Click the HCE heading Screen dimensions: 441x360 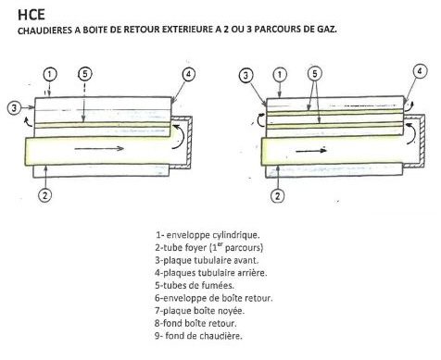pyautogui.click(x=31, y=15)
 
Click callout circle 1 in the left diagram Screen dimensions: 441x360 pyautogui.click(x=50, y=75)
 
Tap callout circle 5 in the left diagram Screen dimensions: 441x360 pyautogui.click(x=85, y=74)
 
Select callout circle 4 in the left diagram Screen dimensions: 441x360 pyautogui.click(x=189, y=74)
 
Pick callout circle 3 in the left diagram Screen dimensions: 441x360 pyautogui.click(x=14, y=108)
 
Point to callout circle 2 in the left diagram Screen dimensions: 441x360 pyautogui.click(x=45, y=195)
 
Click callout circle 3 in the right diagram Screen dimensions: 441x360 pyautogui.click(x=246, y=76)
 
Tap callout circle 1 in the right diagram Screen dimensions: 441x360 pyautogui.click(x=280, y=75)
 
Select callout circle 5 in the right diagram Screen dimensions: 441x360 pyautogui.click(x=315, y=74)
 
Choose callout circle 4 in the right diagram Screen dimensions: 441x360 pyautogui.click(x=420, y=71)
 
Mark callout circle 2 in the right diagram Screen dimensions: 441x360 pyautogui.click(x=277, y=196)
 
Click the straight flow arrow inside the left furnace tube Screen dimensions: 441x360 pyautogui.click(x=99, y=149)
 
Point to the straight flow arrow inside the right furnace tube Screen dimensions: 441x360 pyautogui.click(x=311, y=151)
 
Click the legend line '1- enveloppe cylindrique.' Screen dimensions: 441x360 pyautogui.click(x=208, y=235)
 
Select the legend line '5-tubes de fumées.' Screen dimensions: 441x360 pyautogui.click(x=195, y=285)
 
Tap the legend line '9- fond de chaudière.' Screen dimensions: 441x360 pyautogui.click(x=198, y=336)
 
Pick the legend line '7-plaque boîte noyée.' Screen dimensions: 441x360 pyautogui.click(x=199, y=311)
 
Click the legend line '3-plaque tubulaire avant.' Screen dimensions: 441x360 pyautogui.click(x=207, y=260)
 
